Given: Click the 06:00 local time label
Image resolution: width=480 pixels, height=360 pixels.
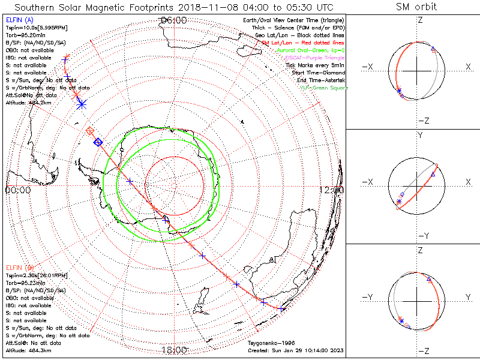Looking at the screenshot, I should tap(173, 20).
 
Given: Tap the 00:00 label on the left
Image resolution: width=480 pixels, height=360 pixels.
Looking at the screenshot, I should tap(17, 190).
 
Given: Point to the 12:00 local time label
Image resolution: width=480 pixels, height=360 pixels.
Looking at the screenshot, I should tap(332, 190).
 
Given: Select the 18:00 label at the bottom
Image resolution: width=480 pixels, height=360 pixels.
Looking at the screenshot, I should tap(173, 350).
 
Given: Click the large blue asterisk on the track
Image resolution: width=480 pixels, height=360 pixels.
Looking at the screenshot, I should tap(82, 104).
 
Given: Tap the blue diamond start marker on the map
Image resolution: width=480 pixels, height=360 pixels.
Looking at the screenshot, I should tap(98, 142).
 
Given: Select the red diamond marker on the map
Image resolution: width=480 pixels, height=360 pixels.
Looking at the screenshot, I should tap(90, 130).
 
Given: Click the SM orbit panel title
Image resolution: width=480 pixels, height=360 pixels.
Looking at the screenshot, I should tap(416, 7).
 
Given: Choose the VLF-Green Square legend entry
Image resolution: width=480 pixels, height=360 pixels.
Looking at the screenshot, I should tap(323, 88).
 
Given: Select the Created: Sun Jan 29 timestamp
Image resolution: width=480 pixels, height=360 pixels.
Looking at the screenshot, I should tap(296, 350).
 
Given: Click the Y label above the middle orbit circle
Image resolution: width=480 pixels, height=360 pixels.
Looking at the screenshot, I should tap(419, 136).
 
